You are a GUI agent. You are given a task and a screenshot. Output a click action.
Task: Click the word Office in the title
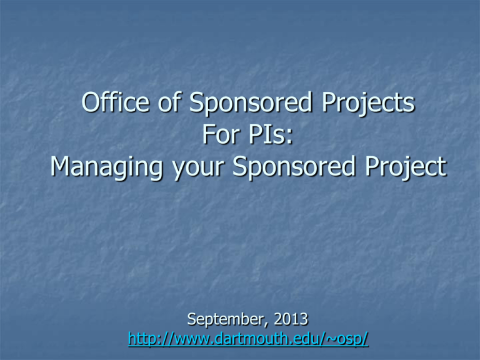point(116,102)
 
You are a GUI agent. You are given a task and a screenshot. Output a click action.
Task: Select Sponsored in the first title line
point(251,104)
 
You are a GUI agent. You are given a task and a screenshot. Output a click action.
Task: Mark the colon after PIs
point(289,137)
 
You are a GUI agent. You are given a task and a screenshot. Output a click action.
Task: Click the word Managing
point(106,167)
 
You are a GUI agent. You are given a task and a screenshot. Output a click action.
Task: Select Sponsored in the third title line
point(294,167)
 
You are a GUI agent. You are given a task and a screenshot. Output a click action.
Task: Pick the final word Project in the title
point(406,167)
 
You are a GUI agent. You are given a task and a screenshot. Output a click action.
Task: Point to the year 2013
point(291,319)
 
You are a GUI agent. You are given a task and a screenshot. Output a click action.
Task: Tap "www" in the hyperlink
point(192,341)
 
